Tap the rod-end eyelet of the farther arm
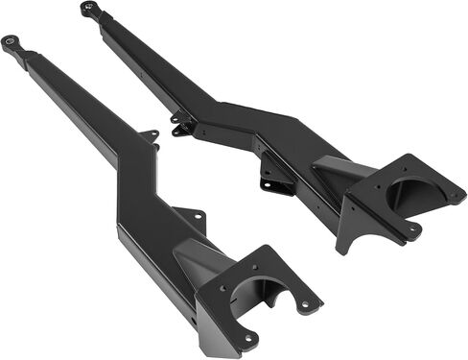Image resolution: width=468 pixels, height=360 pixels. [x=88, y=10]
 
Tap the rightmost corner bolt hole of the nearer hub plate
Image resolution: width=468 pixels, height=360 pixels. [x=307, y=304]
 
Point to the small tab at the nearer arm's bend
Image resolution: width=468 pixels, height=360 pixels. [x=149, y=136]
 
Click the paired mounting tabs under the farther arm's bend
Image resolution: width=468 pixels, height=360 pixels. [x=182, y=126]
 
